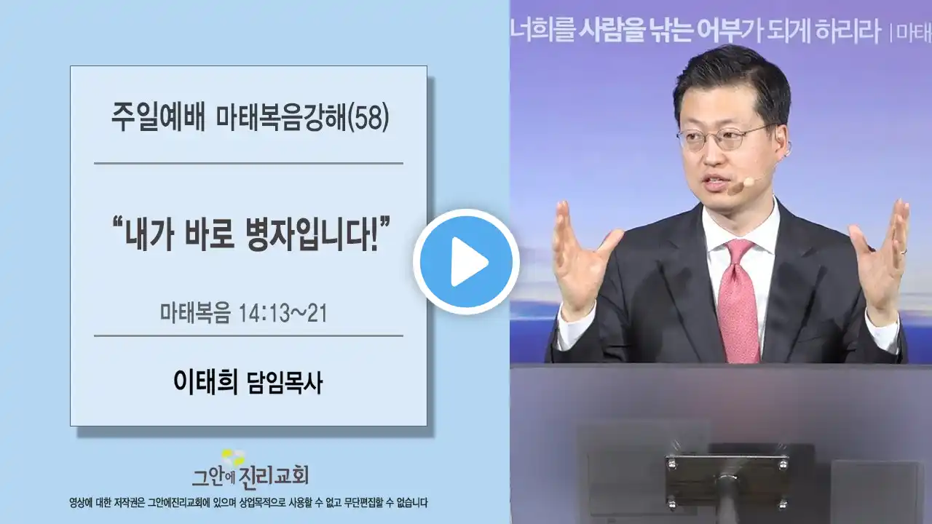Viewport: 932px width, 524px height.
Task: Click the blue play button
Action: click(467, 262)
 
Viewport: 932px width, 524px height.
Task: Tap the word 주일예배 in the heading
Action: click(159, 118)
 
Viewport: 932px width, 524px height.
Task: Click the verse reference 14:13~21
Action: click(283, 313)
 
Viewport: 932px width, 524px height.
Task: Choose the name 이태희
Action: click(205, 382)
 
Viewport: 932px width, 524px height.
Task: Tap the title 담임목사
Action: click(285, 383)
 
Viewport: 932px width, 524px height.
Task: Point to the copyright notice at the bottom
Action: click(248, 503)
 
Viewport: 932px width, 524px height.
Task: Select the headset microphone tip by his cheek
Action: click(749, 182)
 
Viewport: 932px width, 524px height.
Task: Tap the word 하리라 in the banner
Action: click(848, 31)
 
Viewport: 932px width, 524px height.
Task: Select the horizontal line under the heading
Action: click(248, 164)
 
